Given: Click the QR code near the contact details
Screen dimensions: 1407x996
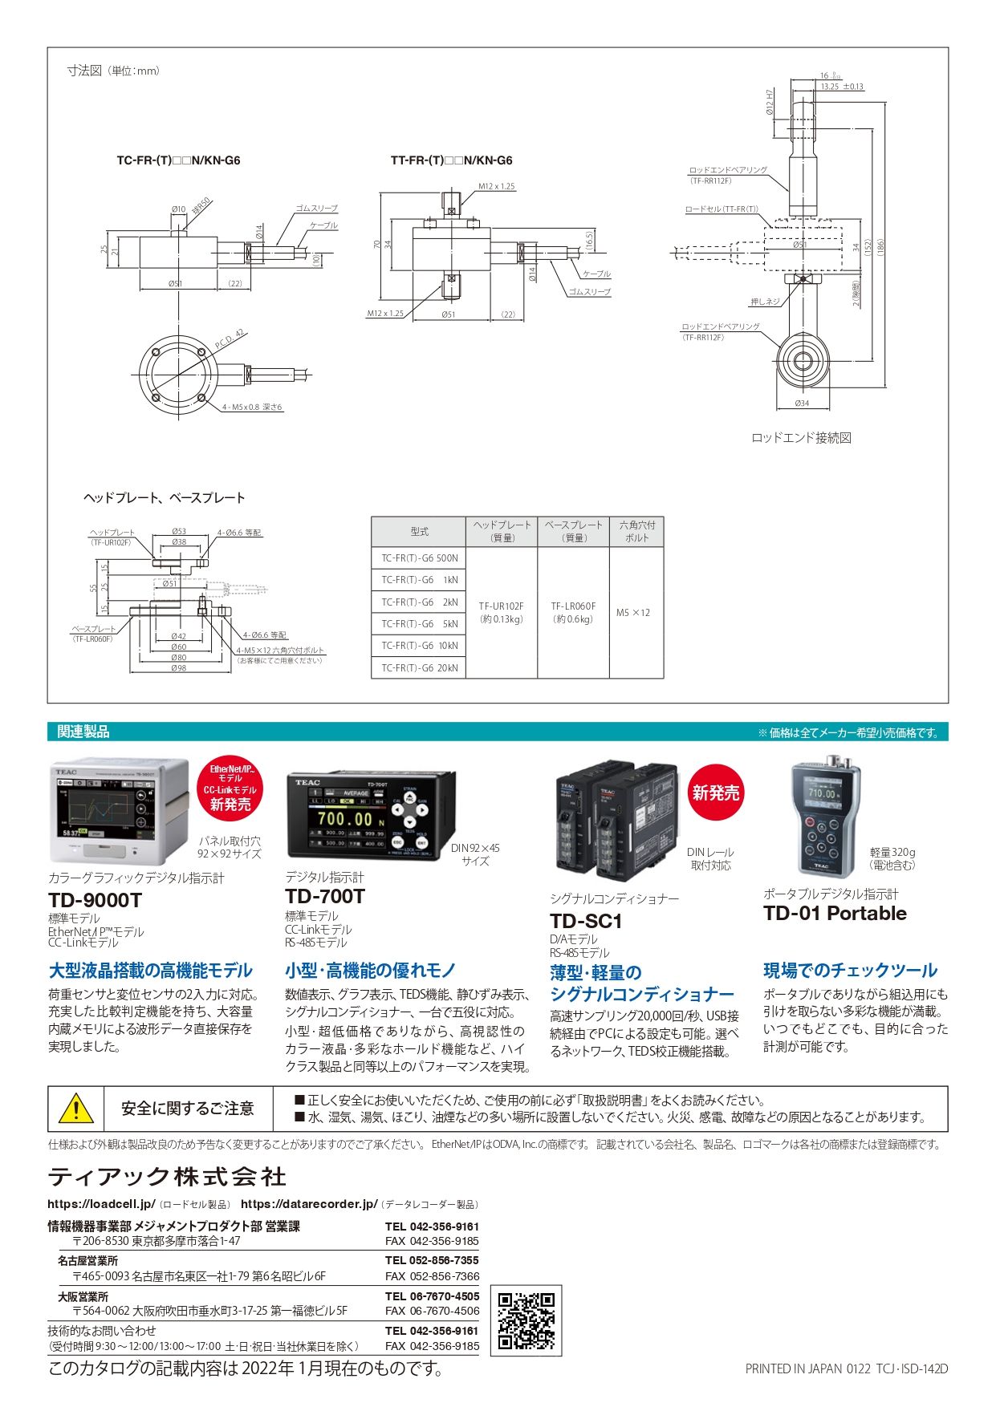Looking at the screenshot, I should point(526,1320).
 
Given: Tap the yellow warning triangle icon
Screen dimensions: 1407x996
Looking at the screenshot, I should point(75,1109).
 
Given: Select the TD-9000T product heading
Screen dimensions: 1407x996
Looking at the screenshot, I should point(95,900).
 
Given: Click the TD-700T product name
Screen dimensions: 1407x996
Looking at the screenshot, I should point(325,896).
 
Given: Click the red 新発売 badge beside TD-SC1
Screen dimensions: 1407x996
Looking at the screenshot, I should point(716,793).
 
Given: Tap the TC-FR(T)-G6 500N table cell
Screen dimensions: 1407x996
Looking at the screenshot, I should point(419,558).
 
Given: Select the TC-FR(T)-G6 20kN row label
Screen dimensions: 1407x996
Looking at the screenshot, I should point(419,667).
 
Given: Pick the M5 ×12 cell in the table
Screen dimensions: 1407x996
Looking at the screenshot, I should point(633,613).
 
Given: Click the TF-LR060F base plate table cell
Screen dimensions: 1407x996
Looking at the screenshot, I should point(573,612).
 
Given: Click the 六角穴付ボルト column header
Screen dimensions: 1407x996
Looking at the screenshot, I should point(636,531).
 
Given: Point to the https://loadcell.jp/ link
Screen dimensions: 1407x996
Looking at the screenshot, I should point(101,1204).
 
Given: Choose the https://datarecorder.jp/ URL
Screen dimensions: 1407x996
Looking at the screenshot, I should point(309,1204).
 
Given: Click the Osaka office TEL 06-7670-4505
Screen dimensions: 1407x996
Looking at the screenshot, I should point(432,1295).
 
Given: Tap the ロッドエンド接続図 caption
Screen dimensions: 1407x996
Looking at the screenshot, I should point(801,438).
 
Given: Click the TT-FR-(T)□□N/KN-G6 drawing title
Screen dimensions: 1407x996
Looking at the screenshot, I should point(451,160).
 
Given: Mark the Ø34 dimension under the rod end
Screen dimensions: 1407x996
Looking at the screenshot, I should point(802,403).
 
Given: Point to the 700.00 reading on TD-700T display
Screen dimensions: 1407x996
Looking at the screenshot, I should point(345,819).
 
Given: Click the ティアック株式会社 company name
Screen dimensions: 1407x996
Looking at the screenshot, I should point(167,1177).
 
